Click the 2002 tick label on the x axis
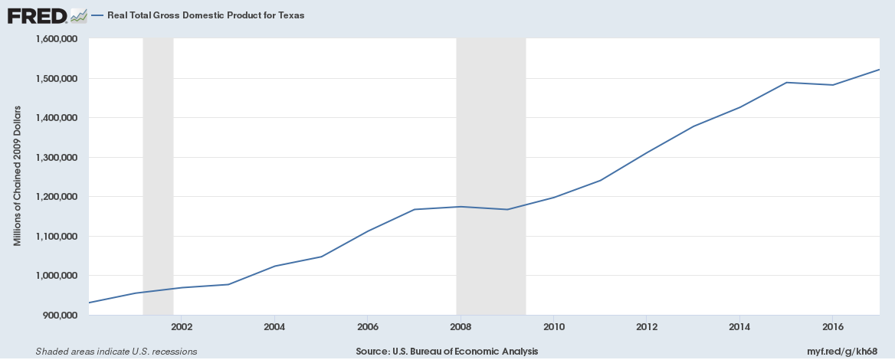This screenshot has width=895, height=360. click(182, 326)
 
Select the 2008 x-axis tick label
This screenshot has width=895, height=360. click(461, 326)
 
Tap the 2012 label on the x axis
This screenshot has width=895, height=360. click(647, 326)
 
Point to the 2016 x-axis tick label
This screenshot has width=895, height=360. click(833, 326)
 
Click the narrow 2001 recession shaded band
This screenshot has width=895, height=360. click(158, 176)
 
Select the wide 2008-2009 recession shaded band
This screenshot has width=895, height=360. click(491, 176)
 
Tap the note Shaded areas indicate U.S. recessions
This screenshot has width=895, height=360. click(116, 351)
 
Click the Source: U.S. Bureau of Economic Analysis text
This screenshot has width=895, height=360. click(447, 351)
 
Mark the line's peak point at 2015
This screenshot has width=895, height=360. click(786, 83)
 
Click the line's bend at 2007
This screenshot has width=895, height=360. click(415, 209)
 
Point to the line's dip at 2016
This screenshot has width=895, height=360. click(833, 85)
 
